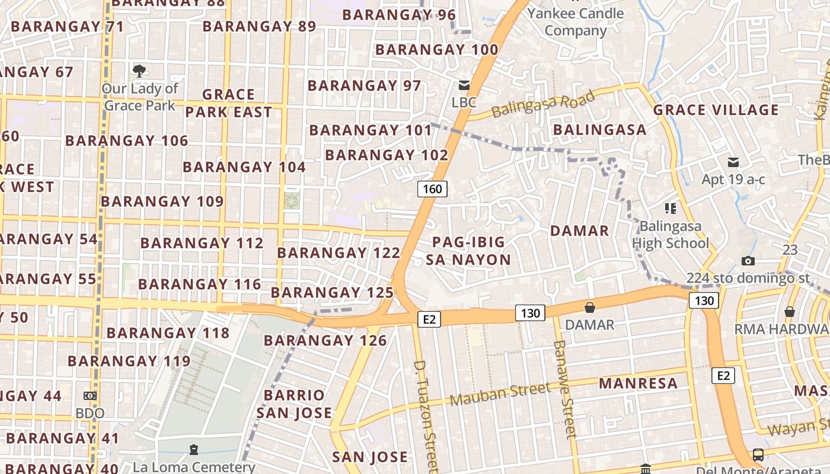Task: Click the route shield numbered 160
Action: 432,189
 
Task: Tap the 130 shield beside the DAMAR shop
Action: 529,313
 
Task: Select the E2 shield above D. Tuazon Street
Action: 429,319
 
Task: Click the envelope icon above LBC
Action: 464,85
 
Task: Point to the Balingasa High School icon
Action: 671,209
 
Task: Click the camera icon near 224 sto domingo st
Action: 748,261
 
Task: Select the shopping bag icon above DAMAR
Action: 589,307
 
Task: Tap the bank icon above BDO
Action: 90,395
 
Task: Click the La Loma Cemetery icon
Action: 193,450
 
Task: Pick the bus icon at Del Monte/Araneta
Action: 758,455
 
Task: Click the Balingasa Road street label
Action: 544,104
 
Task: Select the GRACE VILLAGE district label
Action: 716,110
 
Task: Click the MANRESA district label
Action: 638,383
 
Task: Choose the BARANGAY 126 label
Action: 325,341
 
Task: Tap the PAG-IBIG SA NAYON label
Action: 468,251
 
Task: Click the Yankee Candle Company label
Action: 576,22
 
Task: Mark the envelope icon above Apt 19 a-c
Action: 733,162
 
